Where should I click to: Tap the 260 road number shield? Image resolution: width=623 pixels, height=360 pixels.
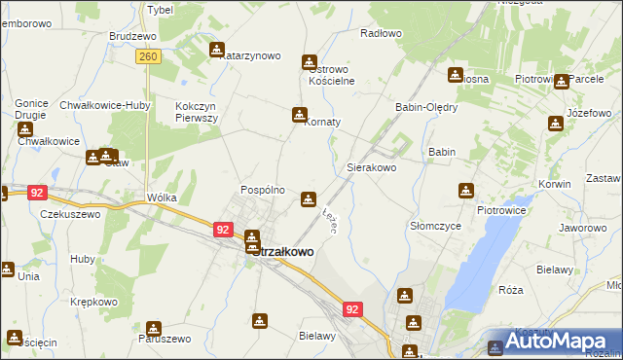148,58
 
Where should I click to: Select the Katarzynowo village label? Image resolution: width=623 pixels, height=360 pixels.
250,56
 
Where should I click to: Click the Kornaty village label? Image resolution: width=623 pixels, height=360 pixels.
323,123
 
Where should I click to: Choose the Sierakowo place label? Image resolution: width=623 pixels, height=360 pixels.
372,167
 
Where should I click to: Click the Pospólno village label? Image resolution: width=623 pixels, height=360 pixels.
262,190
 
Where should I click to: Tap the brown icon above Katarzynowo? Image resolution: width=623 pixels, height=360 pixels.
216,49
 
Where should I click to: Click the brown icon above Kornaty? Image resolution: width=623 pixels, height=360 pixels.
299,115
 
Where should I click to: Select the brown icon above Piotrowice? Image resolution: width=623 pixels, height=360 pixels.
466,191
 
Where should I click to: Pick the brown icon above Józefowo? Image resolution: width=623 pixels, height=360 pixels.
555,124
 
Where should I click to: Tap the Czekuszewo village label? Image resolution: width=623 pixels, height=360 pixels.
70,213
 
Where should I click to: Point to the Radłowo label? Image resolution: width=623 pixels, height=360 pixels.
381,33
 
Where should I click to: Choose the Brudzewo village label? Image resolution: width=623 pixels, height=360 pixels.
133,36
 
